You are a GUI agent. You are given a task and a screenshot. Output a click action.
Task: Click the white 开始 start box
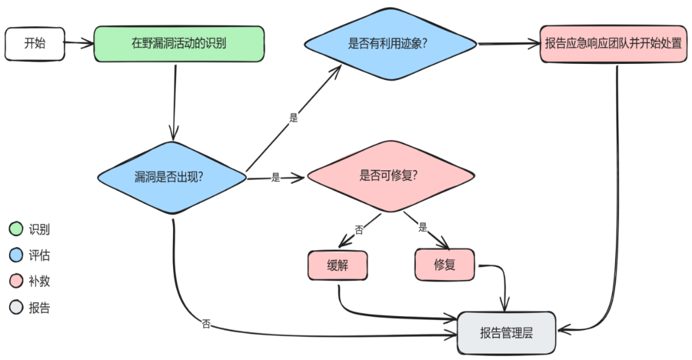point(34,44)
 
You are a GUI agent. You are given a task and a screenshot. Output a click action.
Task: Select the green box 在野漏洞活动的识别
point(179,44)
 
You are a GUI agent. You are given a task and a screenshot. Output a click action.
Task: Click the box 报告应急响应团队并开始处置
point(613,44)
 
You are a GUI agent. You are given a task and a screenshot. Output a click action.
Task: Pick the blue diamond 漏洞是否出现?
point(172,177)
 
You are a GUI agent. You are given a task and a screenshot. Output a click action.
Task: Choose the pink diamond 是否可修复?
point(390,175)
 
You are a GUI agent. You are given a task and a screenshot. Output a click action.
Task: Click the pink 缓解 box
point(338,265)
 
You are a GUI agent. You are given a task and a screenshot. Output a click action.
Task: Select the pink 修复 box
point(445,265)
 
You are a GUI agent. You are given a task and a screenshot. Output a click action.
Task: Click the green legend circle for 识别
point(16,229)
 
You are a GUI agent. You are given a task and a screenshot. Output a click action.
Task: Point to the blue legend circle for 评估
point(16,255)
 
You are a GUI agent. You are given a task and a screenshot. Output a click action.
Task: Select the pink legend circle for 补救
point(16,281)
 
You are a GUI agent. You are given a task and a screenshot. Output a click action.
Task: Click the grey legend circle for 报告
point(16,308)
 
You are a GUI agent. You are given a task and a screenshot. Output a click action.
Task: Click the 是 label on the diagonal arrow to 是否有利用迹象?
point(294,118)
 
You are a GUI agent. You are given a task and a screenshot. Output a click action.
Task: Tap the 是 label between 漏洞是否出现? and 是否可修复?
point(276,177)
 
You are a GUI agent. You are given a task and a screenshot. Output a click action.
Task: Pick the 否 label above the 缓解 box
point(359,229)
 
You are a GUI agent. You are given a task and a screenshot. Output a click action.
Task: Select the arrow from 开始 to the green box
point(79,44)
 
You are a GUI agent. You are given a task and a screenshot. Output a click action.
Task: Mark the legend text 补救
point(39,281)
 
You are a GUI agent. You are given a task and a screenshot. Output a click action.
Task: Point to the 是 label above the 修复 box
point(423,227)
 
